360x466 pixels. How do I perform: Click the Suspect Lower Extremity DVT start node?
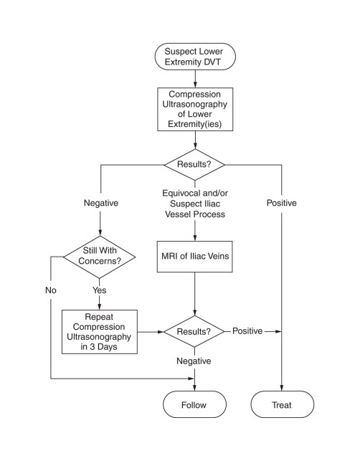pyautogui.click(x=195, y=57)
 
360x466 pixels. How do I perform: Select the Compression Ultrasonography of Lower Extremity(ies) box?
pyautogui.click(x=195, y=109)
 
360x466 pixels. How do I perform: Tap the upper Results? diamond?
pyautogui.click(x=194, y=164)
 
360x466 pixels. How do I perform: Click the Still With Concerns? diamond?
pyautogui.click(x=100, y=257)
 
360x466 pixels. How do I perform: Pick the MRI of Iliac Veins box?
pyautogui.click(x=195, y=257)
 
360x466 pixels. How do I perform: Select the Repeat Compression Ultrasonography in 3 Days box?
pyautogui.click(x=100, y=332)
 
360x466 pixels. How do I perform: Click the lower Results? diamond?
pyautogui.click(x=194, y=331)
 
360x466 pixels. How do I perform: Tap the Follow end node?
pyautogui.click(x=194, y=404)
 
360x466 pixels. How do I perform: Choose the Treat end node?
pyautogui.click(x=282, y=404)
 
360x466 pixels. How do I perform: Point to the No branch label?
pyautogui.click(x=51, y=290)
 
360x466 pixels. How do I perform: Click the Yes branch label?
pyautogui.click(x=99, y=290)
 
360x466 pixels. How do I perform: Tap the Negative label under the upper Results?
pyautogui.click(x=101, y=203)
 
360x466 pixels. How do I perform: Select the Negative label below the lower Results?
pyautogui.click(x=194, y=361)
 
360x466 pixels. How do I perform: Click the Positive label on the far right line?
pyautogui.click(x=282, y=203)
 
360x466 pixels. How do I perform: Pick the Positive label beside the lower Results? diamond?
pyautogui.click(x=247, y=331)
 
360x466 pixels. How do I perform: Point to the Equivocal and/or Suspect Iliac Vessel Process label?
pyautogui.click(x=195, y=204)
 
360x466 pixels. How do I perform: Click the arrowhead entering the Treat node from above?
pyautogui.click(x=282, y=388)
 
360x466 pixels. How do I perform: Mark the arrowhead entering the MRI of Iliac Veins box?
pyautogui.click(x=195, y=238)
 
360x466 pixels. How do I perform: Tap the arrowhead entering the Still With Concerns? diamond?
pyautogui.click(x=100, y=232)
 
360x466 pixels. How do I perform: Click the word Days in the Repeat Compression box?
pyautogui.click(x=108, y=347)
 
